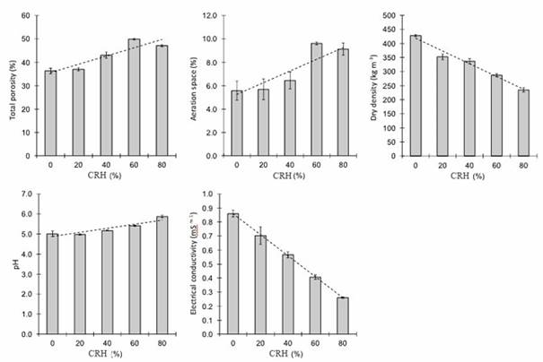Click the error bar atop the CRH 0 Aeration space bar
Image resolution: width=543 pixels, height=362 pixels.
[237, 90]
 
